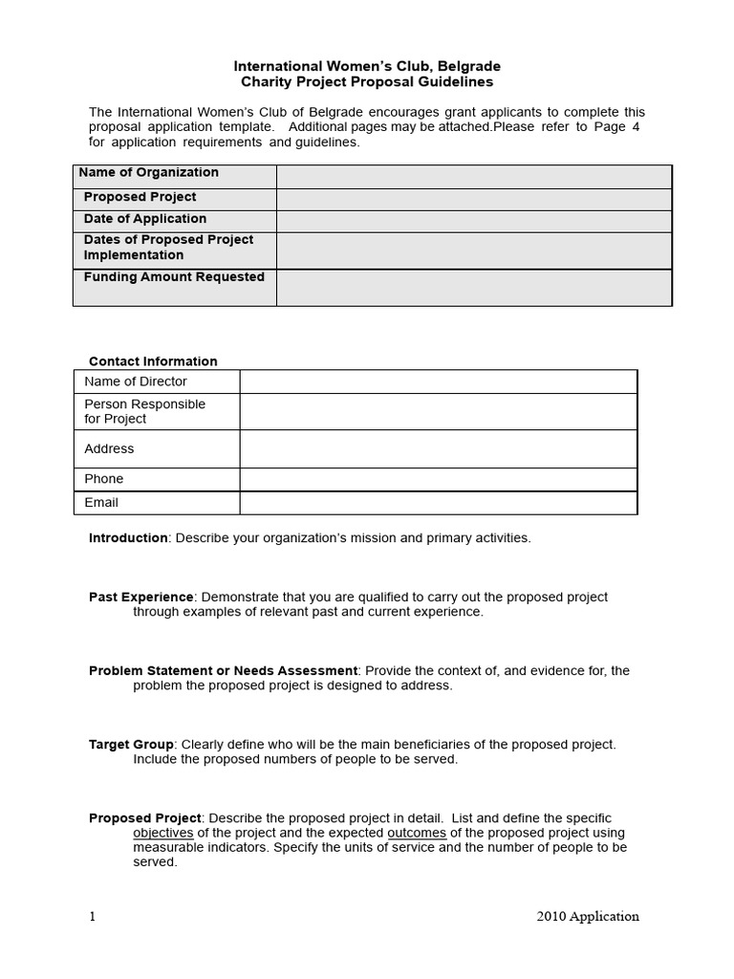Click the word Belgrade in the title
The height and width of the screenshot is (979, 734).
468,66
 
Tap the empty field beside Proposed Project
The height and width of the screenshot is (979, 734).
474,199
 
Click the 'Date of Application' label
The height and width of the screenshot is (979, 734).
145,218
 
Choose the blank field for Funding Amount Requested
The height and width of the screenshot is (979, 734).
474,287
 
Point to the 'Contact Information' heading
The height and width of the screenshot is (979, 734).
153,361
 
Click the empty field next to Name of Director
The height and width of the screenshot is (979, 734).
438,381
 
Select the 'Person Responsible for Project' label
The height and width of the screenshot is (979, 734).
144,411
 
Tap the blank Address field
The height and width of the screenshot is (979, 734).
438,448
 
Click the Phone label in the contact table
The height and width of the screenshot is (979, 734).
104,479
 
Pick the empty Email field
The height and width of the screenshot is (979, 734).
438,503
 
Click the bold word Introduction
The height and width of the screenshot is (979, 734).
128,538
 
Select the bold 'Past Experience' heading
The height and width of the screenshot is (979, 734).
140,597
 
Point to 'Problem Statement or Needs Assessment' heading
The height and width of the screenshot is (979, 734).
223,671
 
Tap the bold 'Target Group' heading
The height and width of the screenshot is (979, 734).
131,744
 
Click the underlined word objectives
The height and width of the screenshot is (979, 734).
163,833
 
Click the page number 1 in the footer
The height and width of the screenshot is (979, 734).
93,916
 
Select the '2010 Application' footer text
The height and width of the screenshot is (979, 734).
588,916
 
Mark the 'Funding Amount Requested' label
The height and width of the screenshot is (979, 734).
174,277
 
